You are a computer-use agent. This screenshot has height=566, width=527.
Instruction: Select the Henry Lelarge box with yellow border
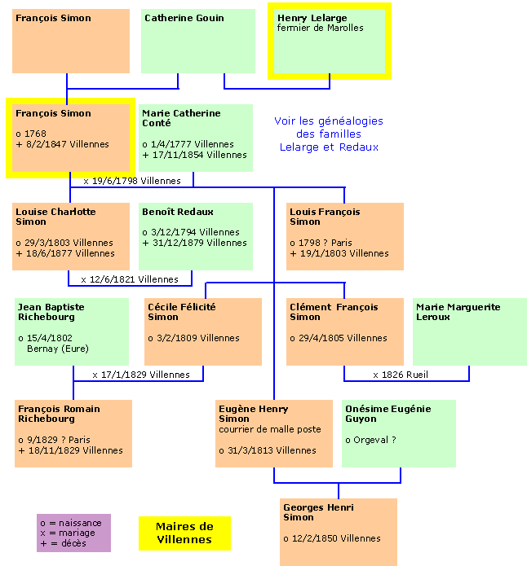[x=330, y=41]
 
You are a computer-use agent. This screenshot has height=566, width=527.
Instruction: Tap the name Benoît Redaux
[x=177, y=212]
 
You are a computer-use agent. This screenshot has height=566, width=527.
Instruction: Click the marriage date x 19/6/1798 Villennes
[x=132, y=180]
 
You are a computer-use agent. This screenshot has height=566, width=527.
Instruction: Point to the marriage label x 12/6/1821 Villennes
[x=130, y=279]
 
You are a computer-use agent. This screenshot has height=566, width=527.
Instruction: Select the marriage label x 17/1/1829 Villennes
[x=141, y=375]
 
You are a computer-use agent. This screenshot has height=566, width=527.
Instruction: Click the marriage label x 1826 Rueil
[x=401, y=375]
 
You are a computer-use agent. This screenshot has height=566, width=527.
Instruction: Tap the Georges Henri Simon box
[x=339, y=532]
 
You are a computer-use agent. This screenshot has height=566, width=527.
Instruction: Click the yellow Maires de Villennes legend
[x=184, y=533]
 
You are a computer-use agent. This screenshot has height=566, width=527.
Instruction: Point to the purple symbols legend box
[x=73, y=533]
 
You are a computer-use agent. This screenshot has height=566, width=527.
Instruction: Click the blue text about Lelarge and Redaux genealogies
[x=329, y=134]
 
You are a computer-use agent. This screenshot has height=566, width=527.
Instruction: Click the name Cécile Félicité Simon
[x=182, y=312]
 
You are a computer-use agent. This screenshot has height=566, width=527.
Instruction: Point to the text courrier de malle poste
[x=270, y=429]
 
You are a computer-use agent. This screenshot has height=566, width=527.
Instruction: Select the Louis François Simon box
[x=345, y=236]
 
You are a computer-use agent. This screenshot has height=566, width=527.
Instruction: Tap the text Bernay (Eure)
[x=55, y=349]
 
